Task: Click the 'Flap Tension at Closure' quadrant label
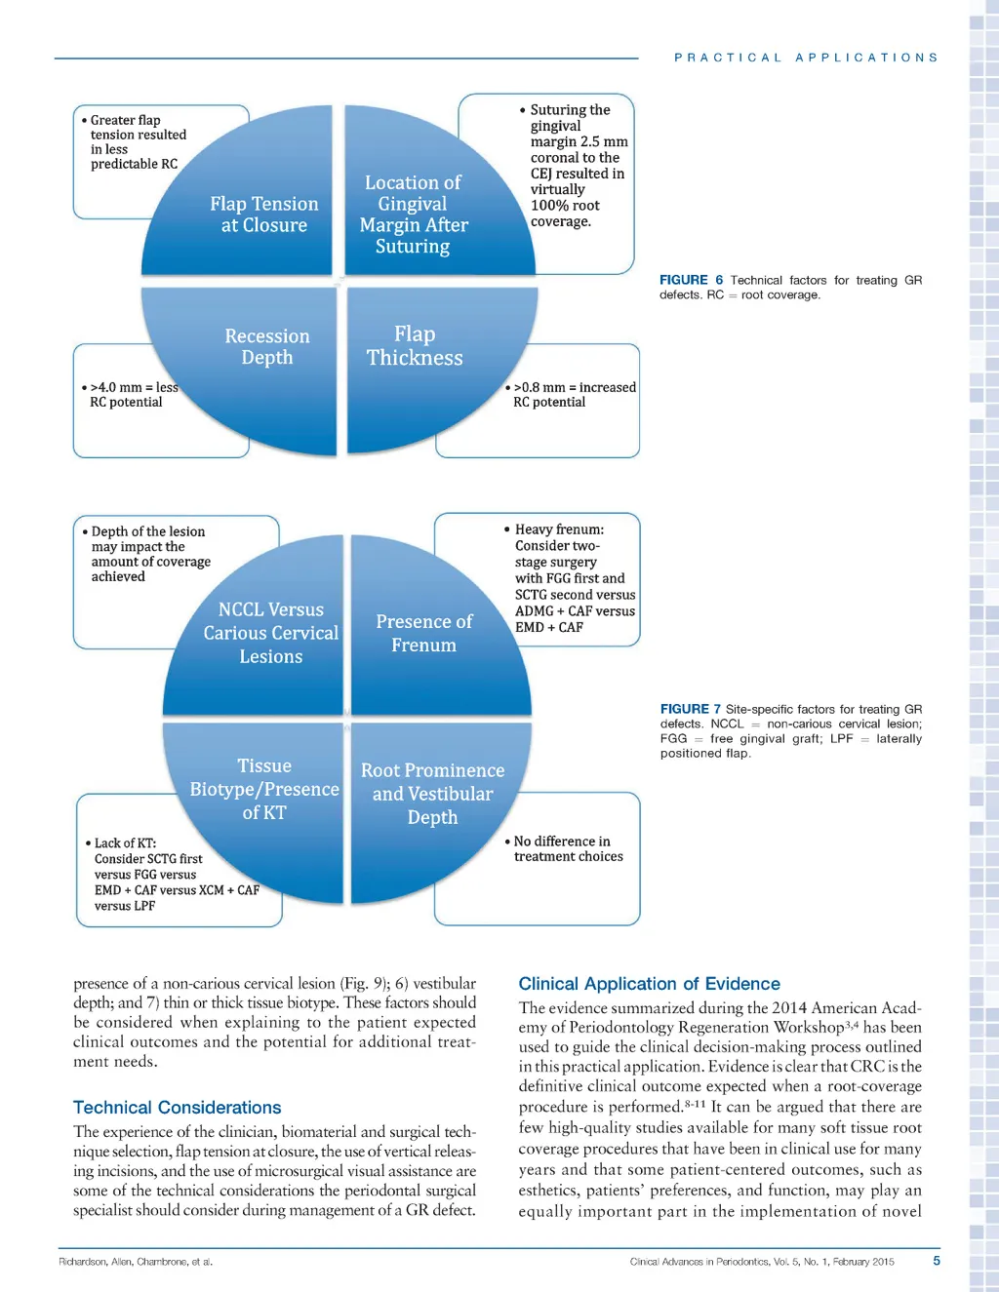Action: [263, 215]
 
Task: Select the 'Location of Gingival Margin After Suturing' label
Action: [413, 215]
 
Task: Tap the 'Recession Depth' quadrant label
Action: [267, 347]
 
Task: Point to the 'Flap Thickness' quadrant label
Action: [415, 346]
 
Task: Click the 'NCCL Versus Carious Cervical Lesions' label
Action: [271, 633]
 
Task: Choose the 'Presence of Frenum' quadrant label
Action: [423, 634]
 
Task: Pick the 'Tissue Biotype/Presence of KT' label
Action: [264, 789]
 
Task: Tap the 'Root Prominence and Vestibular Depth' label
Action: [432, 794]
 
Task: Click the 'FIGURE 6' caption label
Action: [691, 280]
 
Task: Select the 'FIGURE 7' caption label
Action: [690, 709]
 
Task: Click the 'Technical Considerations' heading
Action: [177, 1108]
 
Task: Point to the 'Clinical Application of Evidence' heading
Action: [649, 984]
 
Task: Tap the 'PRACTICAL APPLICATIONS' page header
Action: [806, 58]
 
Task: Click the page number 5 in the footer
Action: [937, 1261]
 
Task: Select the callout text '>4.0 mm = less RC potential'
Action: [131, 395]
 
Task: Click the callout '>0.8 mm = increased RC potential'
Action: [572, 395]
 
